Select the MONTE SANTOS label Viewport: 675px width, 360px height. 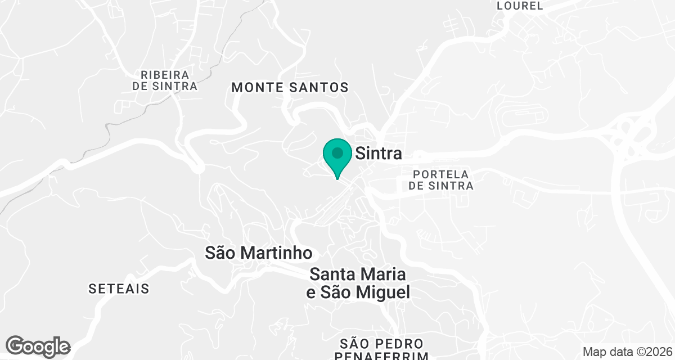coord(290,87)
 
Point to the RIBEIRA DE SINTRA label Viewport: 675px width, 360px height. coord(165,80)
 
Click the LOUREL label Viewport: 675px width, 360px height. coord(520,6)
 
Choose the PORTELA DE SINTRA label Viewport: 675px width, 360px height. coord(441,179)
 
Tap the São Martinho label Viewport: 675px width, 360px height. coord(258,253)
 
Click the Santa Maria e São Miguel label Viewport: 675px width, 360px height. coord(358,283)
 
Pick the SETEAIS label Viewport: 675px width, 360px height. coord(119,289)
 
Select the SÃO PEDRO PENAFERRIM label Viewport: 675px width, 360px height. coord(381,349)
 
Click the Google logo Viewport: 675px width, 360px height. coord(38,346)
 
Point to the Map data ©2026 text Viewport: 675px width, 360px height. coord(627,352)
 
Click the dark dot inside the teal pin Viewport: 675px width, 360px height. coord(337,153)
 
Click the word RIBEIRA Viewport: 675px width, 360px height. coord(165,74)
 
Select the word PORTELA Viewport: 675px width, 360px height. coord(441,174)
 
